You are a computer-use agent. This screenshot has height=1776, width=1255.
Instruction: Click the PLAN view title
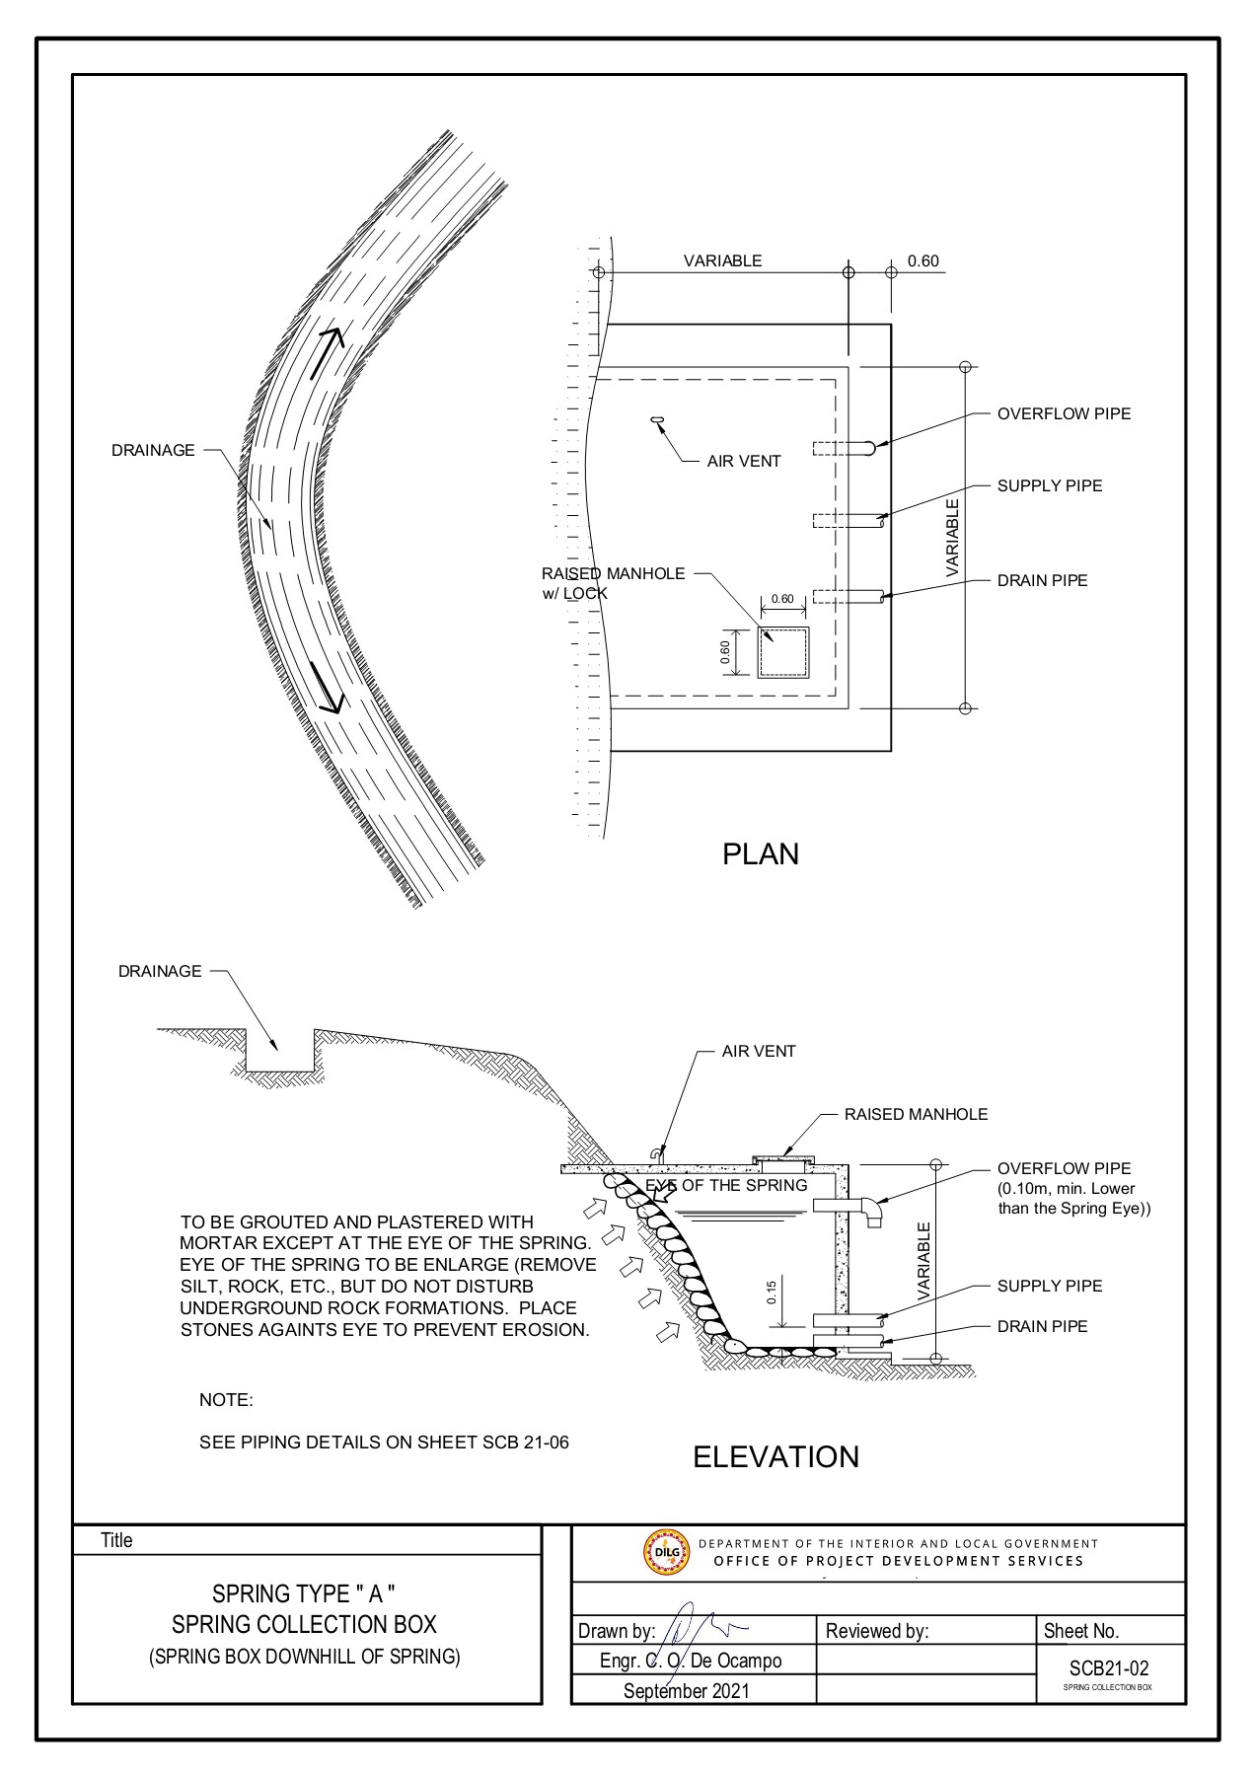tap(760, 853)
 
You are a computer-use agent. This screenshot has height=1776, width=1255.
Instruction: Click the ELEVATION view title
tap(775, 1456)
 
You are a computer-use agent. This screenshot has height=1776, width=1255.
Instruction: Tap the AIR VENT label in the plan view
tap(743, 461)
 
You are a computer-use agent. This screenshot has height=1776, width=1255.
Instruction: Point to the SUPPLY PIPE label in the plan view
tap(1050, 485)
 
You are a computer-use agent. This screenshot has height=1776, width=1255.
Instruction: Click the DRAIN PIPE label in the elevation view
tap(1042, 1326)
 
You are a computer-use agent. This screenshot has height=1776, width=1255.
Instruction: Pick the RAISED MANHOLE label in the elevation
tap(915, 1114)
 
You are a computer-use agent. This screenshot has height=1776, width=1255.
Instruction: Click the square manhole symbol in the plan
tap(782, 652)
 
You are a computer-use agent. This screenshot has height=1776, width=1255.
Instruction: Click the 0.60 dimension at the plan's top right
tap(923, 261)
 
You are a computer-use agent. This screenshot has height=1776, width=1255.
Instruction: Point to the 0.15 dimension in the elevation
tap(773, 1291)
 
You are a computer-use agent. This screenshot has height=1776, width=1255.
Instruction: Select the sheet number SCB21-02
tap(1109, 1668)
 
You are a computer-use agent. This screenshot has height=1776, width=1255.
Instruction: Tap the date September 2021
tap(686, 1690)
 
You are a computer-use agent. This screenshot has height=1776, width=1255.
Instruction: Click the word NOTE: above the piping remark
tap(226, 1400)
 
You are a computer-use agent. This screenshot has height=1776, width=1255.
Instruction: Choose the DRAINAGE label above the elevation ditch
tap(160, 971)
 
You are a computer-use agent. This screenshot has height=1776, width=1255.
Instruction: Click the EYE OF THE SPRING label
tap(726, 1185)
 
